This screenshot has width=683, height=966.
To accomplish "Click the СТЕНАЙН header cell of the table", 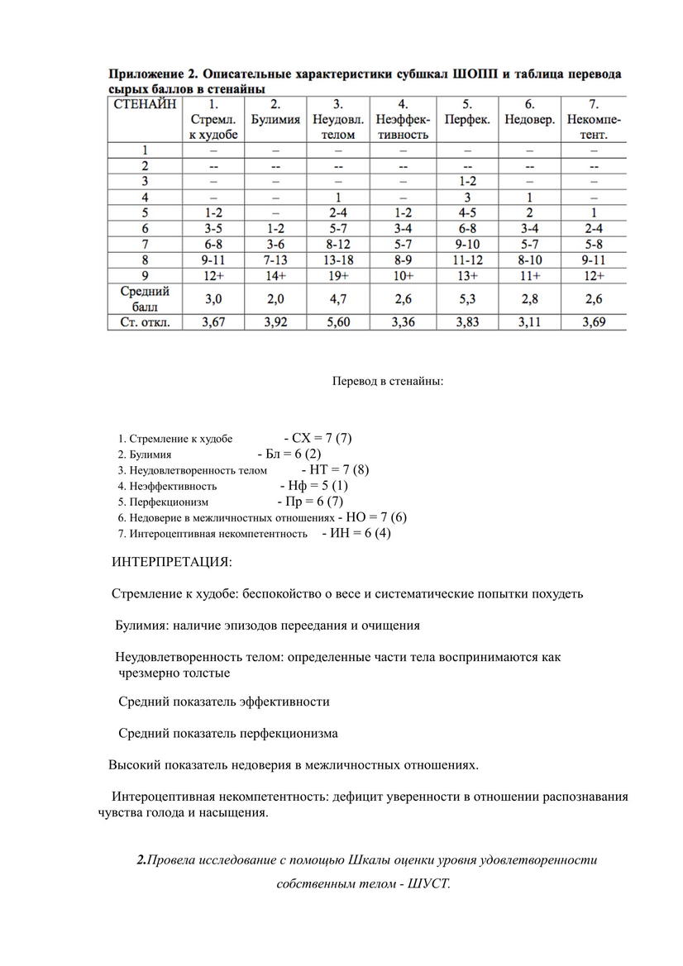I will click(145, 105).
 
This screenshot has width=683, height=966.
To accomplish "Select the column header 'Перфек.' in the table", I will click(467, 119).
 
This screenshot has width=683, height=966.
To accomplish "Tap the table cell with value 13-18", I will click(337, 260).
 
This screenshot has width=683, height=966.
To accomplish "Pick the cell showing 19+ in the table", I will click(337, 275).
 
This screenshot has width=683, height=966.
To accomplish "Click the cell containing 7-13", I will click(275, 260).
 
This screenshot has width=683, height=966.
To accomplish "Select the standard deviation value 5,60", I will click(337, 323).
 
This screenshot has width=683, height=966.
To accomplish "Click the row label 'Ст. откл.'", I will click(145, 323).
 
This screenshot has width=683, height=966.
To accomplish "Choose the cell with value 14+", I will click(275, 275).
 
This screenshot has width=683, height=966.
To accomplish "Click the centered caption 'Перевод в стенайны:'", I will click(388, 382).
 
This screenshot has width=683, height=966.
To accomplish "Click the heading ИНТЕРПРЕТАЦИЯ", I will click(172, 563).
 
